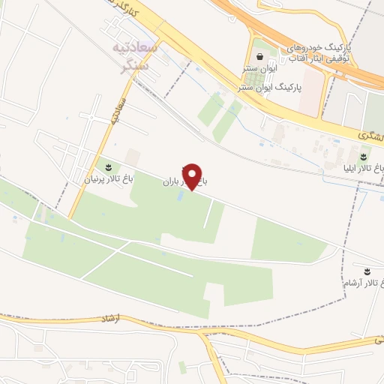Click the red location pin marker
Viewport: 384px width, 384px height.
pyautogui.click(x=193, y=176)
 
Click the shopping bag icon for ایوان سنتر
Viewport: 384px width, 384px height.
pyautogui.click(x=259, y=56)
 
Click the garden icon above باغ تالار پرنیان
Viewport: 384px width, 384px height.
pyautogui.click(x=106, y=166)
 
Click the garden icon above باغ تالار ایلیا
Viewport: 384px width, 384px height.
pyautogui.click(x=364, y=155)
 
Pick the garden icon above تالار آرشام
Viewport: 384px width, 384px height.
pyautogui.click(x=367, y=270)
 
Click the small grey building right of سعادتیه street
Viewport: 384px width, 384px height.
pyautogui.click(x=133, y=157)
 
